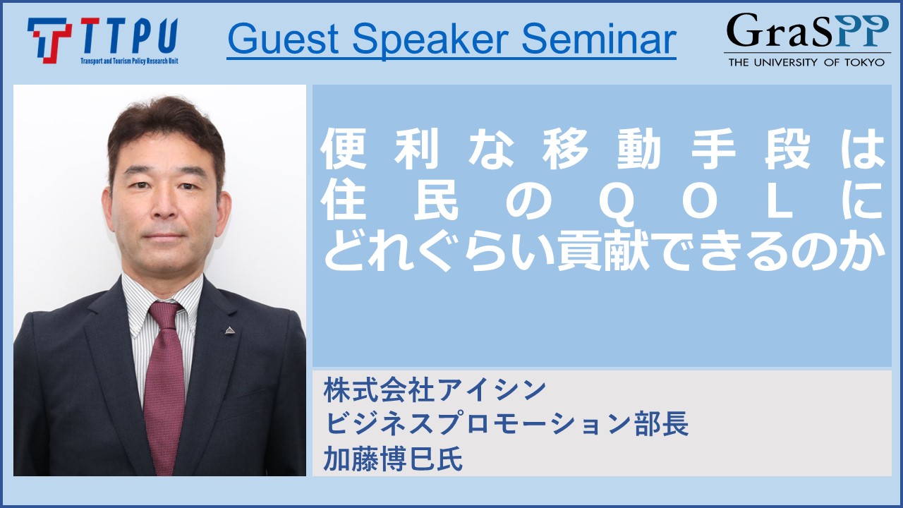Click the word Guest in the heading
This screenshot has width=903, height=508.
[283, 39]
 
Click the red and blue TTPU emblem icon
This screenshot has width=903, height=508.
[49, 40]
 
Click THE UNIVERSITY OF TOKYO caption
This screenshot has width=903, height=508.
[806, 62]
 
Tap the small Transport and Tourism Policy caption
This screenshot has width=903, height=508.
[129, 61]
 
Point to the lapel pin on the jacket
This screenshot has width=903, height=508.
[229, 331]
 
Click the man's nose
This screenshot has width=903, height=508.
[162, 205]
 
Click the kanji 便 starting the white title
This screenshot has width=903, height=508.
[344, 149]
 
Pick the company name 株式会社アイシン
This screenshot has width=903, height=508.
[435, 390]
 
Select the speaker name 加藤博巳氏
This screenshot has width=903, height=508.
[393, 459]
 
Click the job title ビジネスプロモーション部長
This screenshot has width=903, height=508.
[506, 424]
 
